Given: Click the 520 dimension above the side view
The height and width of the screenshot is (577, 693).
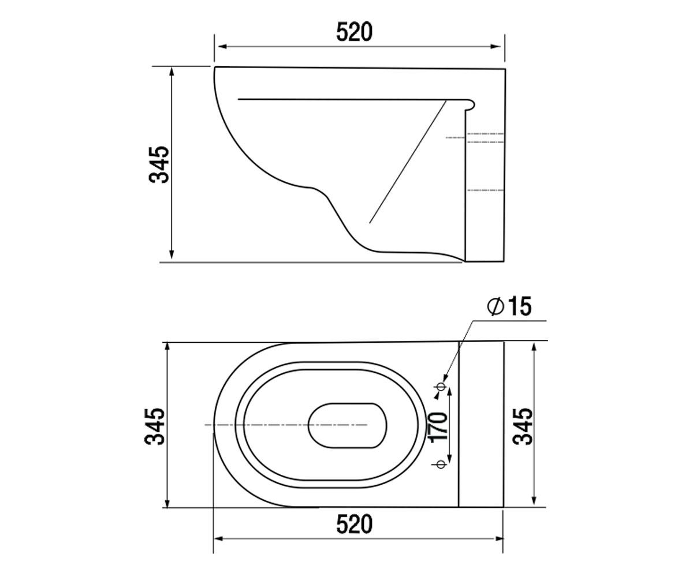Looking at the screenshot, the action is [355, 32].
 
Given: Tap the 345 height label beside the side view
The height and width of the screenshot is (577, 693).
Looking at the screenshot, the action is [159, 164].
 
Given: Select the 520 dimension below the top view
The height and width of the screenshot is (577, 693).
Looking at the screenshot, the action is [355, 524].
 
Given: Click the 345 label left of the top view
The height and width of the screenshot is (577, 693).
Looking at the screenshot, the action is [155, 426].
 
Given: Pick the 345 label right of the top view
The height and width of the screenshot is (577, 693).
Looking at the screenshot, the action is [523, 426].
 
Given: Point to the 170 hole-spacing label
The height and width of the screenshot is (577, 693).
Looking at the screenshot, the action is [438, 427].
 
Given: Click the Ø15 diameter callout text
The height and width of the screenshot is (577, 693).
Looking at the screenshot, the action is [509, 306].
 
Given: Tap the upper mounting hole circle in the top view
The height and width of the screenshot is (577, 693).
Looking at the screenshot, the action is [441, 387].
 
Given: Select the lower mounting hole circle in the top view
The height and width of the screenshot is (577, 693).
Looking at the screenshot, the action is [441, 464].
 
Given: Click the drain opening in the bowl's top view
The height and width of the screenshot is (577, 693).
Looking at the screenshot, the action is [348, 425].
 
